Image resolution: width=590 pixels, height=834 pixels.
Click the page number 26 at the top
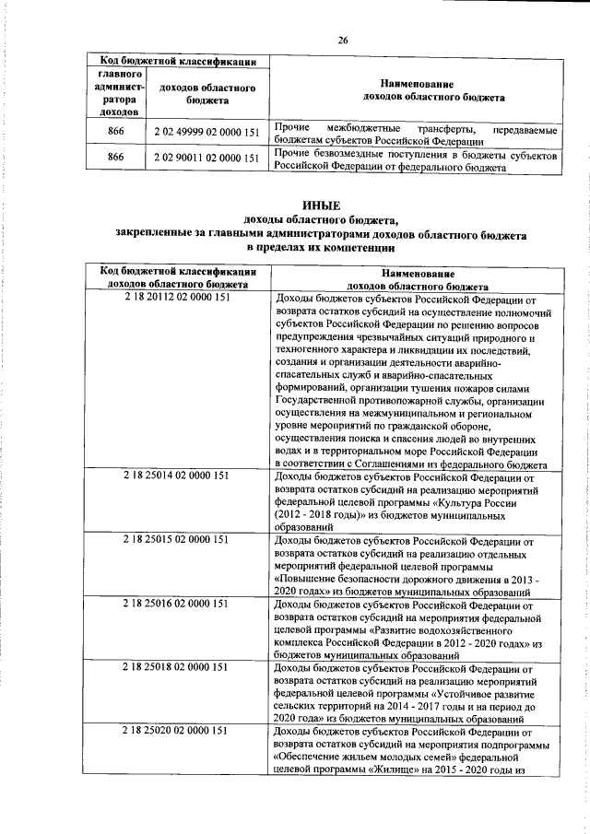coord(342,40)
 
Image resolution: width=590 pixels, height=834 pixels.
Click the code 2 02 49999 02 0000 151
coord(207,133)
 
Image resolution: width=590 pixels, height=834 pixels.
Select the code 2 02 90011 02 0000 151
coord(207,159)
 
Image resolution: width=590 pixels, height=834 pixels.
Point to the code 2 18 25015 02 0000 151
coord(175,539)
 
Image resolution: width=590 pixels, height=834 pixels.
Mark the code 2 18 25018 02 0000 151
coord(175,665)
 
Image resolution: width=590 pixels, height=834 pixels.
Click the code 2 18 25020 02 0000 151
coord(175,731)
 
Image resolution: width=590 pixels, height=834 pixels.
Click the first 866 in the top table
coord(116,133)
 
